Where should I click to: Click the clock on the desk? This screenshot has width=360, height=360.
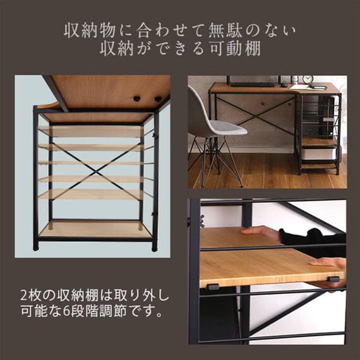pos(308,80)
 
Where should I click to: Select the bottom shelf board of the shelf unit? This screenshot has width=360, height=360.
pos(95,229)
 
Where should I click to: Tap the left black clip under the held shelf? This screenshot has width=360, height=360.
pos(213,287)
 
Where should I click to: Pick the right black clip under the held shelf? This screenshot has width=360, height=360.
pos(332,279)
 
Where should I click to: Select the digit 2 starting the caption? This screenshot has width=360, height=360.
pos(23,295)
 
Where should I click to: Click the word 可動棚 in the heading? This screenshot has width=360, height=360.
pos(238,49)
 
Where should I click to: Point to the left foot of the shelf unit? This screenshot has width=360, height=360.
pos(37,246)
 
